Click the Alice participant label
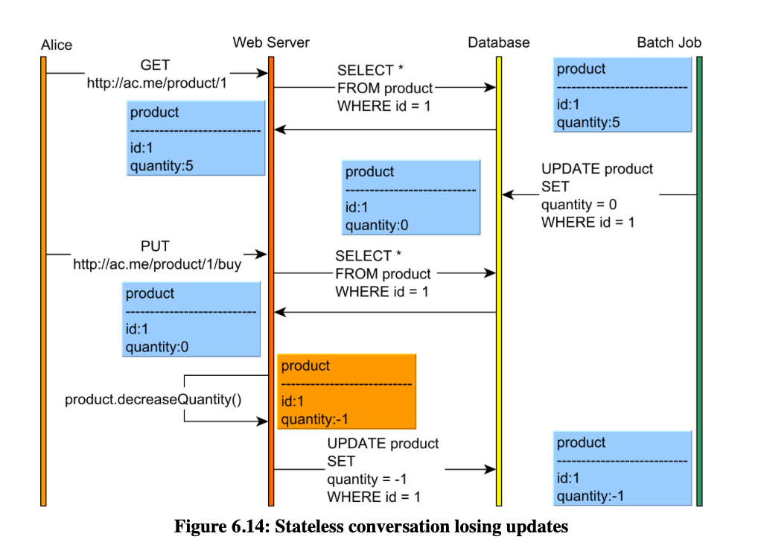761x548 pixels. pos(57,45)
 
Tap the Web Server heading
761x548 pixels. pos(271,42)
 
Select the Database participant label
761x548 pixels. pos(498,42)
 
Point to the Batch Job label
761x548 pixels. pos(669,42)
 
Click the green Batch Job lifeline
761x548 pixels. pos(699,281)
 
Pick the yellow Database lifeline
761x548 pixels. pos(498,281)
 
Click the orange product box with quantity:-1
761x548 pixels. pos(346,392)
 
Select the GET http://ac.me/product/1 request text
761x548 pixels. pos(156,74)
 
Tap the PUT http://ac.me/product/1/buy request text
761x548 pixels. pos(157,255)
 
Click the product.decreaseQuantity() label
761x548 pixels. pos(153,400)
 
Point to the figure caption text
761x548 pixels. pos(372,526)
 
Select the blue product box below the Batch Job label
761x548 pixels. pos(623,95)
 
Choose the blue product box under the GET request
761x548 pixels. pos(196,138)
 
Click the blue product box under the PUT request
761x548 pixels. pos(191,319)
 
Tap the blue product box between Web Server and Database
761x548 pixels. pos(411,197)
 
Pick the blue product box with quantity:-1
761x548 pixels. pos(623,468)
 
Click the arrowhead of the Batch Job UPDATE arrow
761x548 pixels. pos(503,194)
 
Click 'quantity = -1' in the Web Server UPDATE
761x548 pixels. pos(367,479)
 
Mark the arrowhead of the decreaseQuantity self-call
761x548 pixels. pos(267,421)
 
